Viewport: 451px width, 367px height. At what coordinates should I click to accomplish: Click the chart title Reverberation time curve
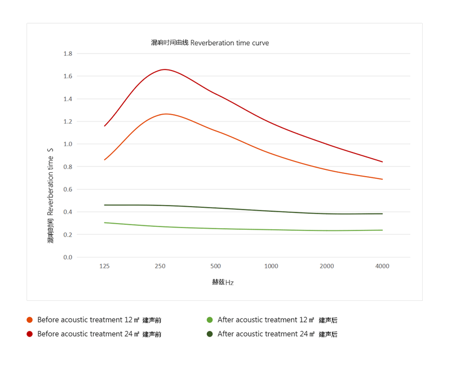tap(210, 43)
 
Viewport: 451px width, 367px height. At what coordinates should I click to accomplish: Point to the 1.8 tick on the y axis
tap(68, 54)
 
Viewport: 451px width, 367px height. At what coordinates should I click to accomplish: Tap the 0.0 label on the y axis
tap(68, 257)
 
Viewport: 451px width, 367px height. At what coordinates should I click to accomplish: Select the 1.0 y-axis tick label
tap(68, 144)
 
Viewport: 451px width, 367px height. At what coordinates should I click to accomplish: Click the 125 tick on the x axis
tap(104, 266)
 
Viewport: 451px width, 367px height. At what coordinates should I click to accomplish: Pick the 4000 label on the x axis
tap(382, 266)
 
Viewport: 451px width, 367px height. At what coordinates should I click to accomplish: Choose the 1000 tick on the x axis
tap(271, 266)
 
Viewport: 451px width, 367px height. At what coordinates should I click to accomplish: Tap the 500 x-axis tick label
tap(215, 266)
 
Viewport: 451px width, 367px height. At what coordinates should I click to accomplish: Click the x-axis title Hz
tap(223, 282)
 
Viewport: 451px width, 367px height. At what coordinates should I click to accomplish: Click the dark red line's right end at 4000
tap(382, 162)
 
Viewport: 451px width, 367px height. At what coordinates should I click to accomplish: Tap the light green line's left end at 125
tap(104, 222)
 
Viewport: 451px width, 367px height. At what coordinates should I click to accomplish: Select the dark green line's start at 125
tap(104, 205)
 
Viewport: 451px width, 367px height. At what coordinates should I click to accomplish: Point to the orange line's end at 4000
tap(382, 179)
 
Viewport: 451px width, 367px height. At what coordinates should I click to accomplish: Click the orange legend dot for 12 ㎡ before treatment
tap(29, 320)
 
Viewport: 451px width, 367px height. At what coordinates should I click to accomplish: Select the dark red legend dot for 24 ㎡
tap(29, 334)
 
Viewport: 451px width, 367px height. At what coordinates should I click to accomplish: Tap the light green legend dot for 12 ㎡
tap(210, 320)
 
